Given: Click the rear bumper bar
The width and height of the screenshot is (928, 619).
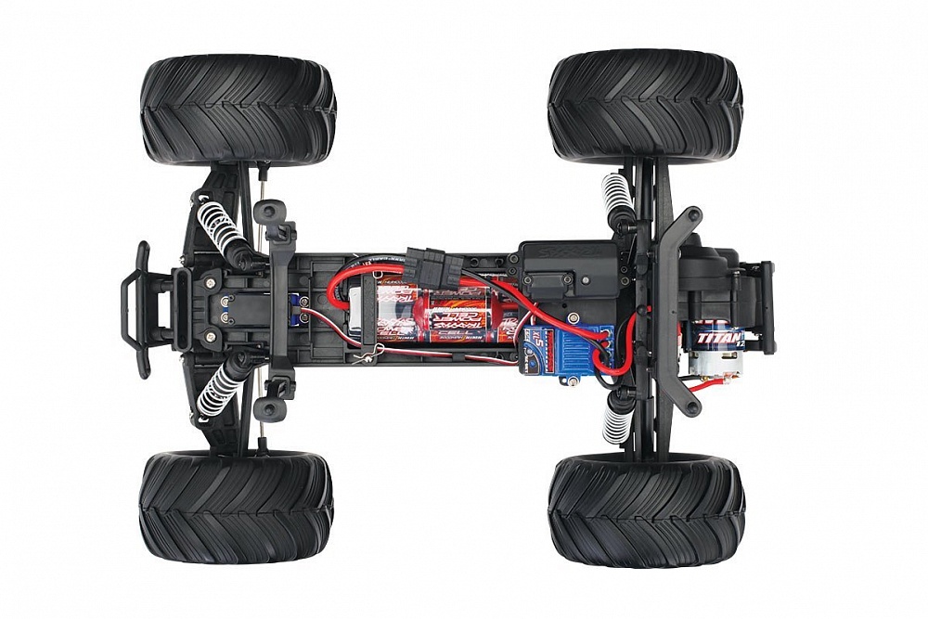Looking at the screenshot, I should point(767,307).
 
